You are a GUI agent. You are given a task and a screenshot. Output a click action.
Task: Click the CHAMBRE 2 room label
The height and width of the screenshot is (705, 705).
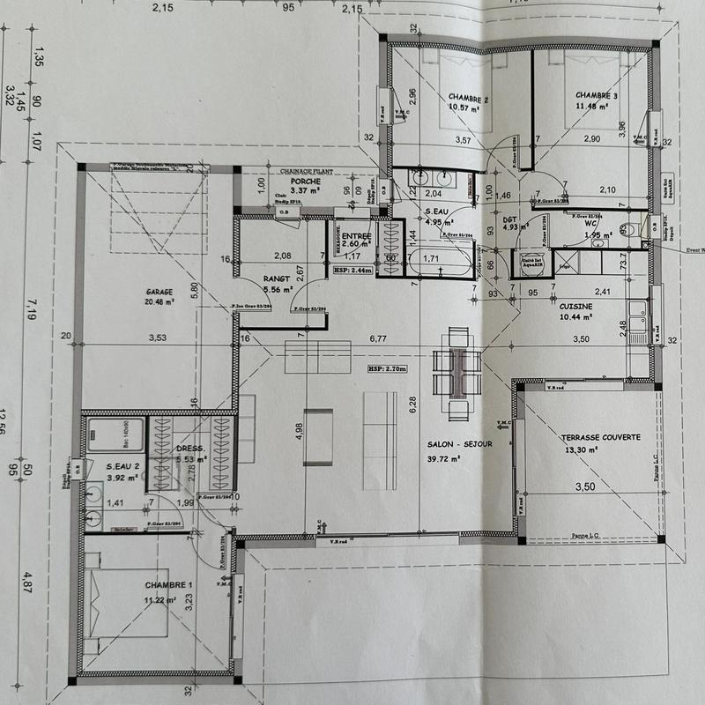[x=468, y=97]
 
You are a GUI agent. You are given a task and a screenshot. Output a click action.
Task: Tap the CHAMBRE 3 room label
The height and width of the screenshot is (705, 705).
[x=597, y=95]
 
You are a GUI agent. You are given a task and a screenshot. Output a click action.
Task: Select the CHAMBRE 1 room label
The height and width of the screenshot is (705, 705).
[x=168, y=585]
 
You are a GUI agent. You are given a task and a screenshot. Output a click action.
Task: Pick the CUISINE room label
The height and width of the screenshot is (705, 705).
[x=575, y=305]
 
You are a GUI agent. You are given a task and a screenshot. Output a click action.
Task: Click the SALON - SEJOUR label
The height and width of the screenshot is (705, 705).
[x=458, y=445]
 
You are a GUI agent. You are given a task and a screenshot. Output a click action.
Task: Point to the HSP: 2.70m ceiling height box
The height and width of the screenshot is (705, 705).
[x=385, y=370]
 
